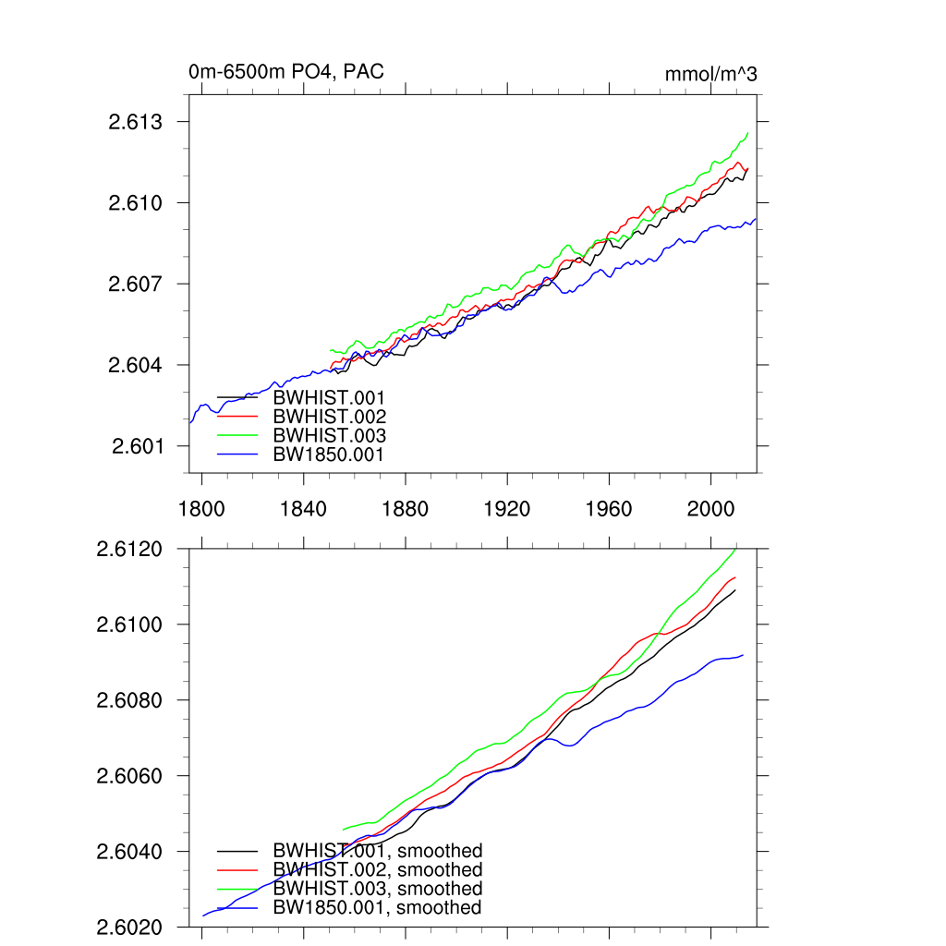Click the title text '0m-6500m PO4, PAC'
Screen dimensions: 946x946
[285, 72]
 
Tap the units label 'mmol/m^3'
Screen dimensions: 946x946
[710, 74]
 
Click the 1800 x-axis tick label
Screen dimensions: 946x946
[201, 509]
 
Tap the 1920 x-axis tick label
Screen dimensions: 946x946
[507, 509]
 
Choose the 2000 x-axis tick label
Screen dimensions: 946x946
[710, 509]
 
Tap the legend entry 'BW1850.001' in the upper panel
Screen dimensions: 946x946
[328, 455]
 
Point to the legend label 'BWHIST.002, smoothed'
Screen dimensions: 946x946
[377, 870]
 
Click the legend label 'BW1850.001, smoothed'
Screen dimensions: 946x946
[377, 908]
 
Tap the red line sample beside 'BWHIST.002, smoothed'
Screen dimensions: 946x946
[237, 870]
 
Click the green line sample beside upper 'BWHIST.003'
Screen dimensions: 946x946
[237, 435]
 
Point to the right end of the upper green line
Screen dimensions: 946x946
[747, 133]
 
